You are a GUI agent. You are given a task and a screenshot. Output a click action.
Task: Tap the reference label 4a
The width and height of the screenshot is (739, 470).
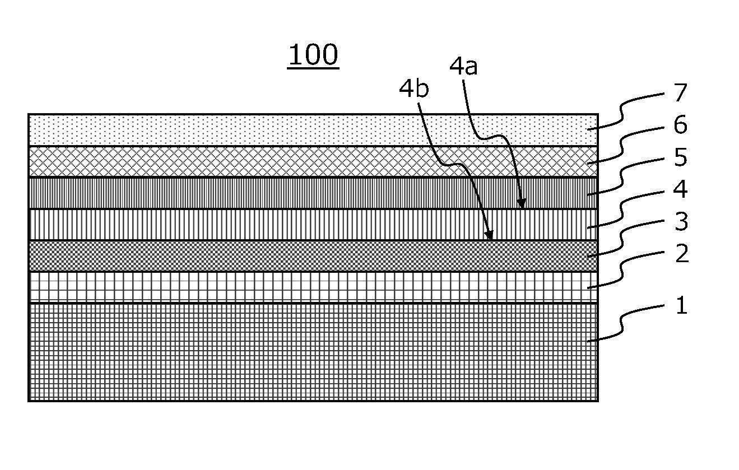point(463,67)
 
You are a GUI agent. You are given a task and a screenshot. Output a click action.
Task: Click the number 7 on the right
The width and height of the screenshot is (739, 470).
point(680,92)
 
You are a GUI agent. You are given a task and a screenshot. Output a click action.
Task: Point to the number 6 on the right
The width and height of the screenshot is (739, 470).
point(680,125)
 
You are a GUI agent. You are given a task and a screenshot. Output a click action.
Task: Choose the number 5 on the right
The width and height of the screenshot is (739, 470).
point(681,157)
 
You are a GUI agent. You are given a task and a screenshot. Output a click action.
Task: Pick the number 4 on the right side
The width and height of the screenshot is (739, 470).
point(680,189)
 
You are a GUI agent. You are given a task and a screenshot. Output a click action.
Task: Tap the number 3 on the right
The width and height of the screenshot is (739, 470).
point(681,222)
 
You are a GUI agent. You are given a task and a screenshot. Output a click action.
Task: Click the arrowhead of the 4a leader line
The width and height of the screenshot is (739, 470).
point(522,204)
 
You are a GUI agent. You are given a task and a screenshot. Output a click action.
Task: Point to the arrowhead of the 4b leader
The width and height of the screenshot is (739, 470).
point(489,235)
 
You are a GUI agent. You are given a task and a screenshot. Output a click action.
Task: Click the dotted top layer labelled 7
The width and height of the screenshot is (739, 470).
point(313,130)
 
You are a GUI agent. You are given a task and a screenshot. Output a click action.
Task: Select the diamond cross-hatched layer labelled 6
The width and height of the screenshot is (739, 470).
point(313,161)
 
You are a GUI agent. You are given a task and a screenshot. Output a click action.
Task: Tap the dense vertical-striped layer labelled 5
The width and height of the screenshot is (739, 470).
point(313,193)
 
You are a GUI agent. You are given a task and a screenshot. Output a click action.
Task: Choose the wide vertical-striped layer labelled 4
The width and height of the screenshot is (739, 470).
point(313,225)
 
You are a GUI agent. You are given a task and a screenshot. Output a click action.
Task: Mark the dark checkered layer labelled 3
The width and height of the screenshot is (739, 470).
point(313,256)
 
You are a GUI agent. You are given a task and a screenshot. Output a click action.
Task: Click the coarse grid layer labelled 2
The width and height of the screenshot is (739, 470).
point(313,287)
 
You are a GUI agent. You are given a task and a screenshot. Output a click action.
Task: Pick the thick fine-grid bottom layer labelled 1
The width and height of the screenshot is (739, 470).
point(313,352)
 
